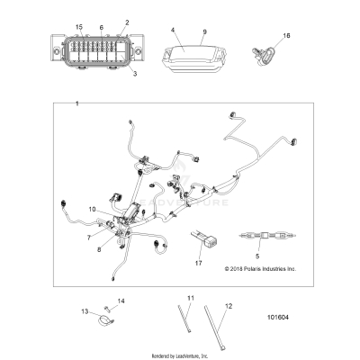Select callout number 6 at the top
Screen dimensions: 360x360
[101, 29]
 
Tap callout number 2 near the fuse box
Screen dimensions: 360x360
[127, 22]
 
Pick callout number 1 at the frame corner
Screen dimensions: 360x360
[77, 105]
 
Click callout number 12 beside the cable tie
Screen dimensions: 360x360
[228, 308]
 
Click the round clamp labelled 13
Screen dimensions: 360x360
[104, 318]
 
